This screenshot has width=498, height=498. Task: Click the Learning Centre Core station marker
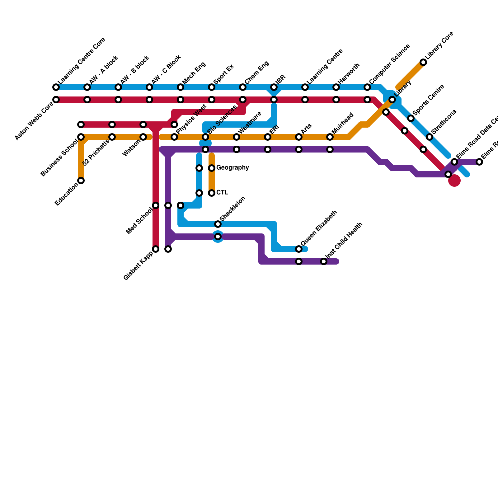point(56,87)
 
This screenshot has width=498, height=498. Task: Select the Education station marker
point(81,181)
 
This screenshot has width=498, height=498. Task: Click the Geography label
point(233,168)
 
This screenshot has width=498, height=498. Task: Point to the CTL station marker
point(212,193)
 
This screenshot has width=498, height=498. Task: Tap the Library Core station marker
point(423,62)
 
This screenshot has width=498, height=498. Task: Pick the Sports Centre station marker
point(411,118)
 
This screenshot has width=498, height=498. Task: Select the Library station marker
point(392,100)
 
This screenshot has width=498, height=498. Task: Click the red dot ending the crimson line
point(454,181)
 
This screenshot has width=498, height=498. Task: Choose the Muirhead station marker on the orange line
point(330,137)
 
